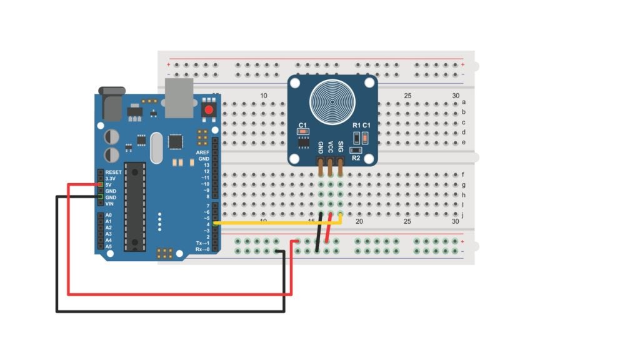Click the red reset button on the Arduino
(x=209, y=111)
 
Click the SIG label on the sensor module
(x=341, y=147)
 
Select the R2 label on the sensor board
(x=356, y=158)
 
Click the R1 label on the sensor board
(x=356, y=126)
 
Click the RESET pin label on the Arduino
(x=113, y=172)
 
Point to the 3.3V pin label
(x=111, y=179)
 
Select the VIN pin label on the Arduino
(x=109, y=204)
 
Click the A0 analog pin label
(x=109, y=215)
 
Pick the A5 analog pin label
(x=109, y=246)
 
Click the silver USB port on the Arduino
(x=180, y=99)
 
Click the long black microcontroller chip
(x=134, y=206)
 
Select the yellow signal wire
(x=275, y=222)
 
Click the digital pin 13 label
(x=206, y=165)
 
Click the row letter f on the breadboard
(x=463, y=175)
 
